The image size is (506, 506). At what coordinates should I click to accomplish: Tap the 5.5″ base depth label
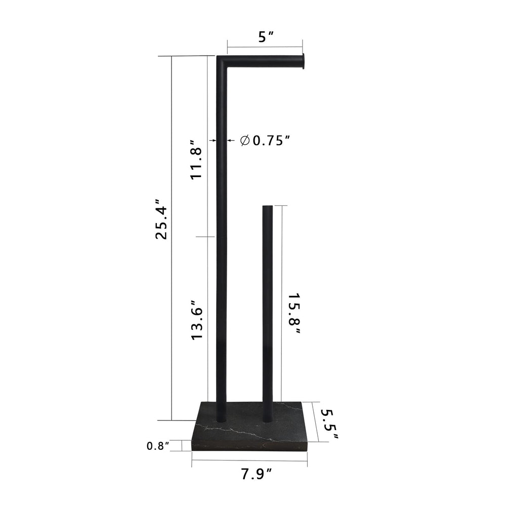[x=329, y=426]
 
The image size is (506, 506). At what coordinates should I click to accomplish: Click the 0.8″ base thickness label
[x=157, y=446]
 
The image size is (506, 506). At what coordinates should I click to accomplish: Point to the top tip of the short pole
[x=267, y=206]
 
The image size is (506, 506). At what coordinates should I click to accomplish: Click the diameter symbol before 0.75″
[x=245, y=141]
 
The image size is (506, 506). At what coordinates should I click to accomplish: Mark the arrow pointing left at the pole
[x=230, y=140]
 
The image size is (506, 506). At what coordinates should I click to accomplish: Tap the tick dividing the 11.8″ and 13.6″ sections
[x=208, y=236]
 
